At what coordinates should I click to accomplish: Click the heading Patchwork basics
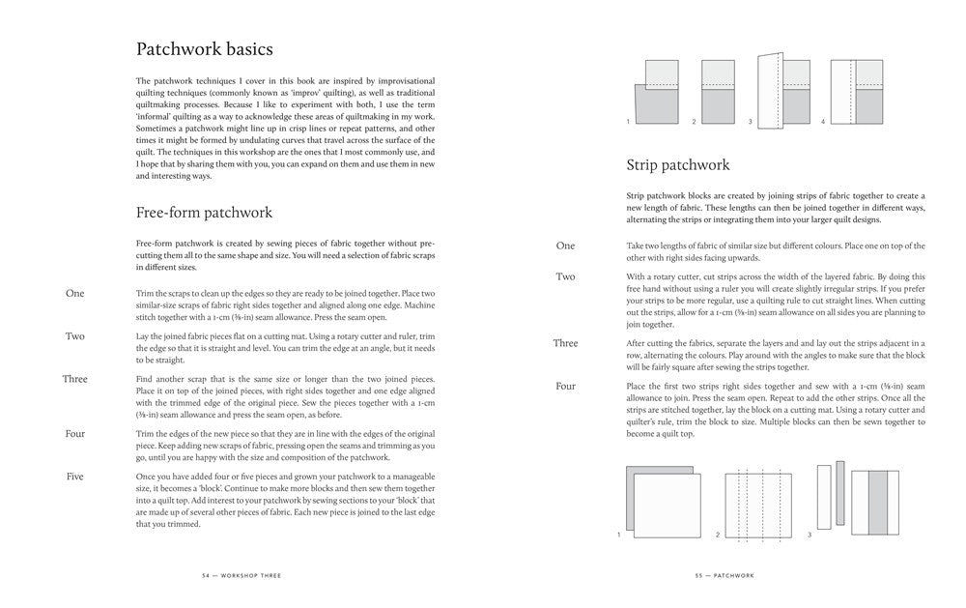pos(204,48)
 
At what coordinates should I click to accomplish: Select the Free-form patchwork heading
pos(204,213)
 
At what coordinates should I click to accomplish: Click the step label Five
pos(74,477)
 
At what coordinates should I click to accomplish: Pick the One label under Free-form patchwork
pos(74,293)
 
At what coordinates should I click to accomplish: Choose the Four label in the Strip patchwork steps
pos(565,386)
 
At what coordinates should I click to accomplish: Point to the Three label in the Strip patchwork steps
pos(565,343)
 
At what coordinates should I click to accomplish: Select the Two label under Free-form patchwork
pos(74,336)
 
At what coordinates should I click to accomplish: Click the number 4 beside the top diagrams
pos(823,122)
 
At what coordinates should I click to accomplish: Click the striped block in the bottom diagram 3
pos(876,502)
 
